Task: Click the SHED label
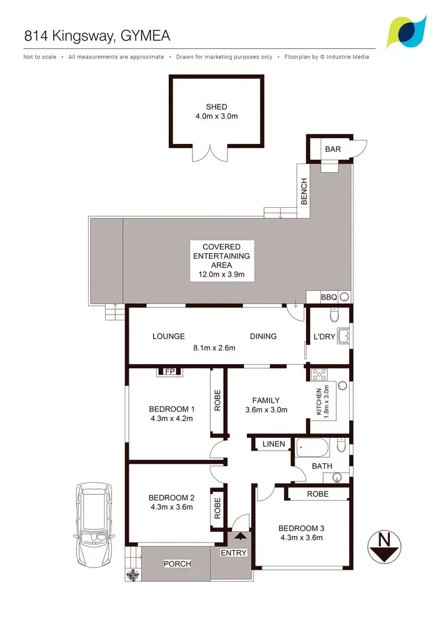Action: (216, 107)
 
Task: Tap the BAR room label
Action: (333, 149)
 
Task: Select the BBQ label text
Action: (328, 297)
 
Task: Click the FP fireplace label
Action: (170, 372)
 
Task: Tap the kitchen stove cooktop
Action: (320, 373)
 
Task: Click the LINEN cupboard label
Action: (273, 444)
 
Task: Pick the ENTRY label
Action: (233, 553)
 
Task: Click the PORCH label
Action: (177, 564)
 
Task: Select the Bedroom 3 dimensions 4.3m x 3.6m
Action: (301, 537)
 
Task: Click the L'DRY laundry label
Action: (324, 337)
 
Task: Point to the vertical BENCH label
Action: (304, 192)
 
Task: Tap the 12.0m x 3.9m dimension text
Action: (221, 274)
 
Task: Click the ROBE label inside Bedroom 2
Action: (217, 507)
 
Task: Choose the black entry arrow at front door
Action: (240, 536)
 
